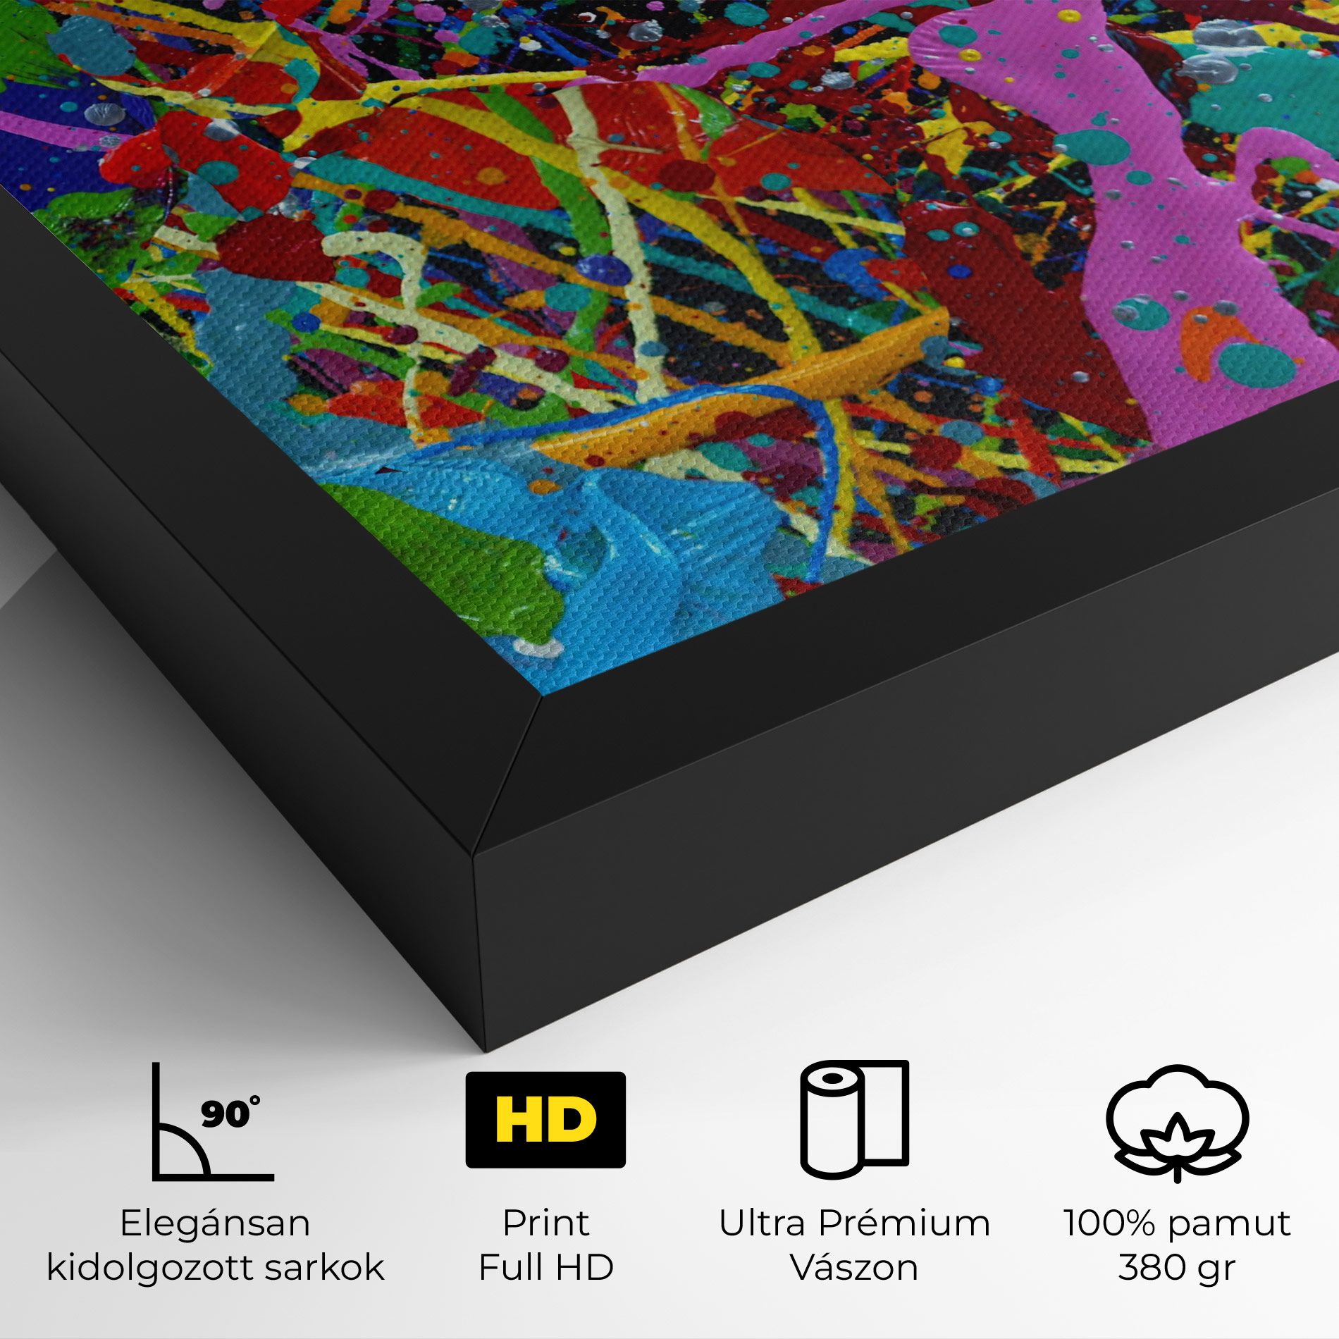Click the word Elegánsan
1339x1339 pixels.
tap(215, 1223)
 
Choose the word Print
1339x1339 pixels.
tap(545, 1223)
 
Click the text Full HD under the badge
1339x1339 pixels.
tap(545, 1268)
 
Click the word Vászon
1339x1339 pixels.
tap(854, 1268)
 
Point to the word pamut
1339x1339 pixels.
tap(1240, 1225)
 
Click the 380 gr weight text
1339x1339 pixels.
tap(1176, 1268)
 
